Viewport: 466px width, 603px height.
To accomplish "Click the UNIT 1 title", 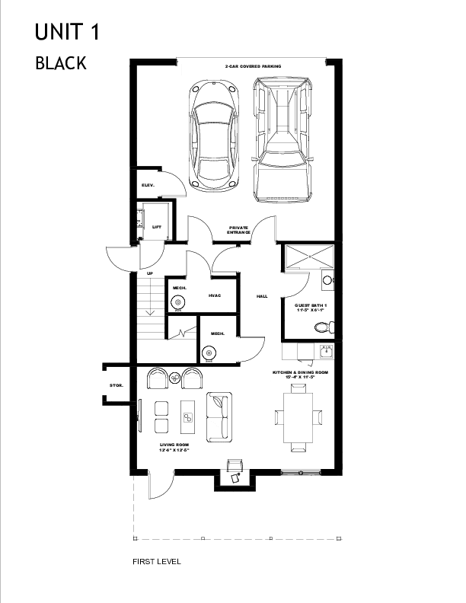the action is click(x=67, y=32).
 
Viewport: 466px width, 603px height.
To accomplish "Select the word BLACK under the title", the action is click(x=61, y=63).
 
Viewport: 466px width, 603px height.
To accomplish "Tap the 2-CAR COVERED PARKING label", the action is click(x=253, y=68).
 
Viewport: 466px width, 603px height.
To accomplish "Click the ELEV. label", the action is click(x=148, y=185).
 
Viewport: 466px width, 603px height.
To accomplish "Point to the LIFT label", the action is click(x=156, y=227).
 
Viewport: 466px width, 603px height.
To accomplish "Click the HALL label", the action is click(x=262, y=296).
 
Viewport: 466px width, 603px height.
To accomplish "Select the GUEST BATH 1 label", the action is click(x=310, y=308).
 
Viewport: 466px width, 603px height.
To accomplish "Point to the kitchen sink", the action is click(x=326, y=352).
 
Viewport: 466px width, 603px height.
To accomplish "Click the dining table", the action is click(x=297, y=416).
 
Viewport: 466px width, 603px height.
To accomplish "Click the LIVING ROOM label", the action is click(x=174, y=447).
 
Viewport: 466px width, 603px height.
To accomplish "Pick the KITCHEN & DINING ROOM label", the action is click(x=301, y=375).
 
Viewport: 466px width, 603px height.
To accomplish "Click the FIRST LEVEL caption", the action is click(x=156, y=562).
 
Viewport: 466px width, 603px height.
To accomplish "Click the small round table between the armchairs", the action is click(x=174, y=377).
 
